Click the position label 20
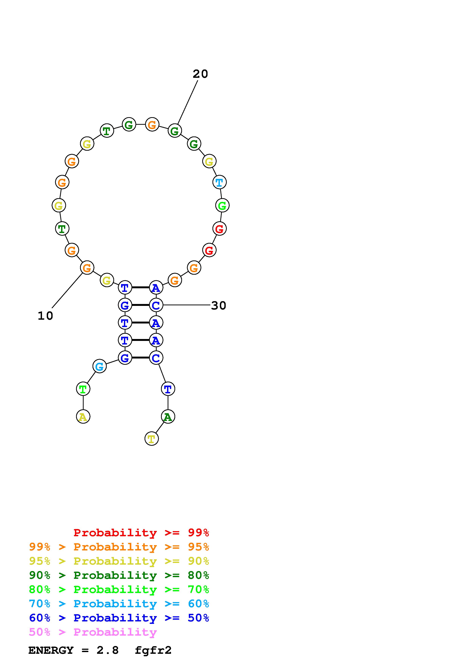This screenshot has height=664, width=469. point(200,74)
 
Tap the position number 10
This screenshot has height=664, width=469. point(45,316)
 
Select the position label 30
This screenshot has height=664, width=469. point(219,305)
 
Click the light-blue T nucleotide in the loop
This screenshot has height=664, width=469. point(219,182)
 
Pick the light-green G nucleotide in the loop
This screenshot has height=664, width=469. point(222,206)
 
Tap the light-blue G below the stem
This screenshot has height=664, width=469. point(99,366)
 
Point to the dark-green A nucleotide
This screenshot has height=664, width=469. point(168,417)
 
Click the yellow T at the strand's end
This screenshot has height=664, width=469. point(151,439)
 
